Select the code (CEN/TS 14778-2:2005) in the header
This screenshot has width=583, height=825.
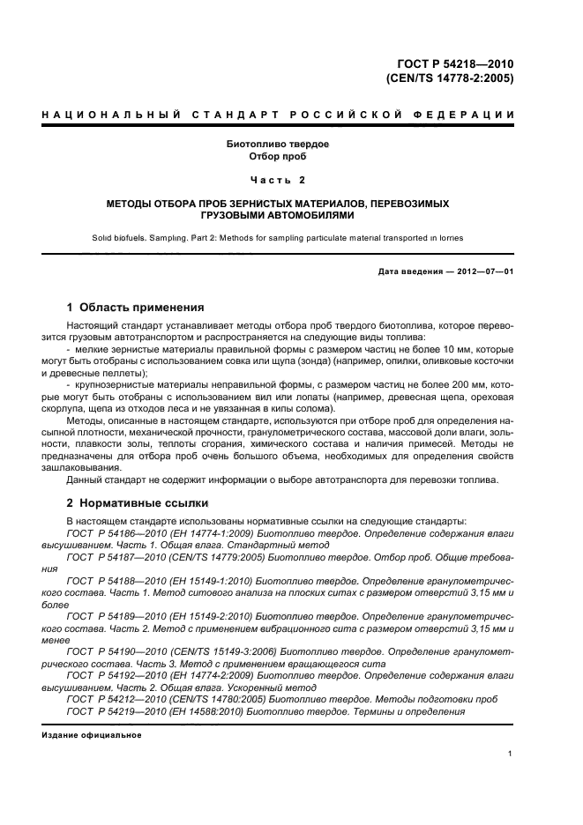pos(450,78)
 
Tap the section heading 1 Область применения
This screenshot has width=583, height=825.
pos(136,308)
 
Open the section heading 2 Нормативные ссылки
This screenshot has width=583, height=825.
pos(138,503)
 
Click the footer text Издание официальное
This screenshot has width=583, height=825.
pos(91,734)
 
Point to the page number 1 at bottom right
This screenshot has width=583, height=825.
pos(511,754)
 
